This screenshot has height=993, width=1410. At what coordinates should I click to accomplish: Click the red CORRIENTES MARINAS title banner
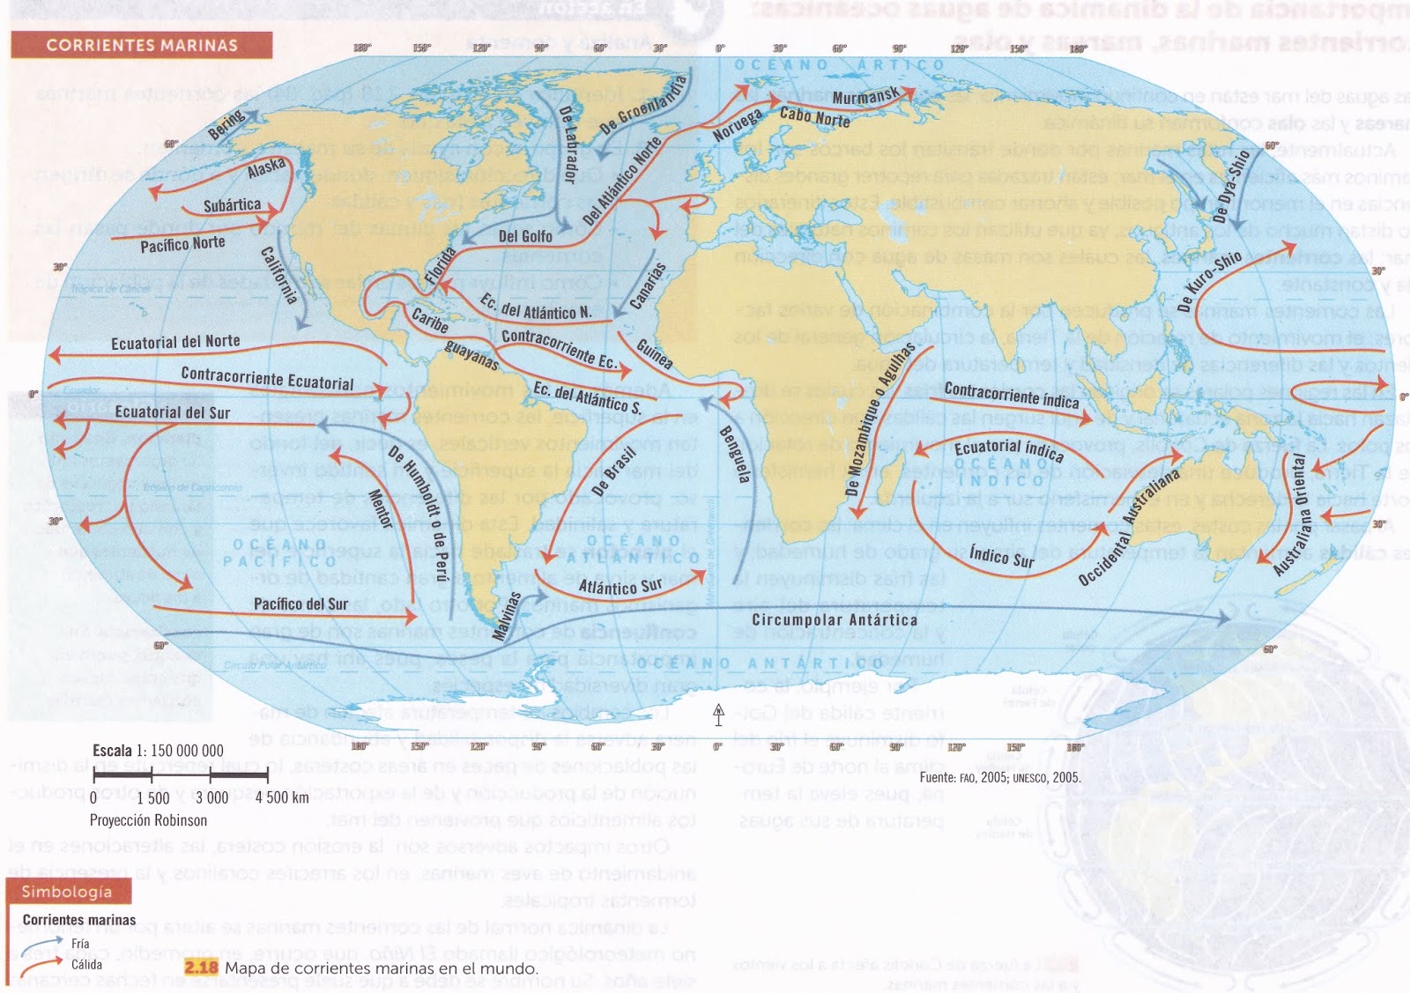tap(141, 45)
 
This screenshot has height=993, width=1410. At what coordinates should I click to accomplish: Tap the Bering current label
tap(227, 126)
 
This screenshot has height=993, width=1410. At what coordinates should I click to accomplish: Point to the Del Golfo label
tap(525, 236)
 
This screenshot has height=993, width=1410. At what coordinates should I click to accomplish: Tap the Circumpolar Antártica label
tap(834, 619)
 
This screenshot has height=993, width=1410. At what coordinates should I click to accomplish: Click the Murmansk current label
tap(865, 97)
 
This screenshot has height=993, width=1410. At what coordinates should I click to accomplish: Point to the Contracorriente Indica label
tap(1011, 395)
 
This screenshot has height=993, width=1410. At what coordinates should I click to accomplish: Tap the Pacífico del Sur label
tap(301, 604)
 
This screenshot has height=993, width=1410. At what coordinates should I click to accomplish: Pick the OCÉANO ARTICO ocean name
tap(839, 65)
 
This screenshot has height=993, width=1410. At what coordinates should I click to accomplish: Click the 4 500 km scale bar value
tap(282, 797)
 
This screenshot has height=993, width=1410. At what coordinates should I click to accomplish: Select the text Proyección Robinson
tap(148, 820)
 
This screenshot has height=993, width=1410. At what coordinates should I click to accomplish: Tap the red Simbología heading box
tap(67, 892)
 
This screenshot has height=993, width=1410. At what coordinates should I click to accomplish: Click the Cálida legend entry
tap(86, 964)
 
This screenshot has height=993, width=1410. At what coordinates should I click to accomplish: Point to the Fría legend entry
tap(80, 944)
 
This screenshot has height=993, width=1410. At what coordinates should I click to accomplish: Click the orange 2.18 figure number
tap(201, 967)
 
